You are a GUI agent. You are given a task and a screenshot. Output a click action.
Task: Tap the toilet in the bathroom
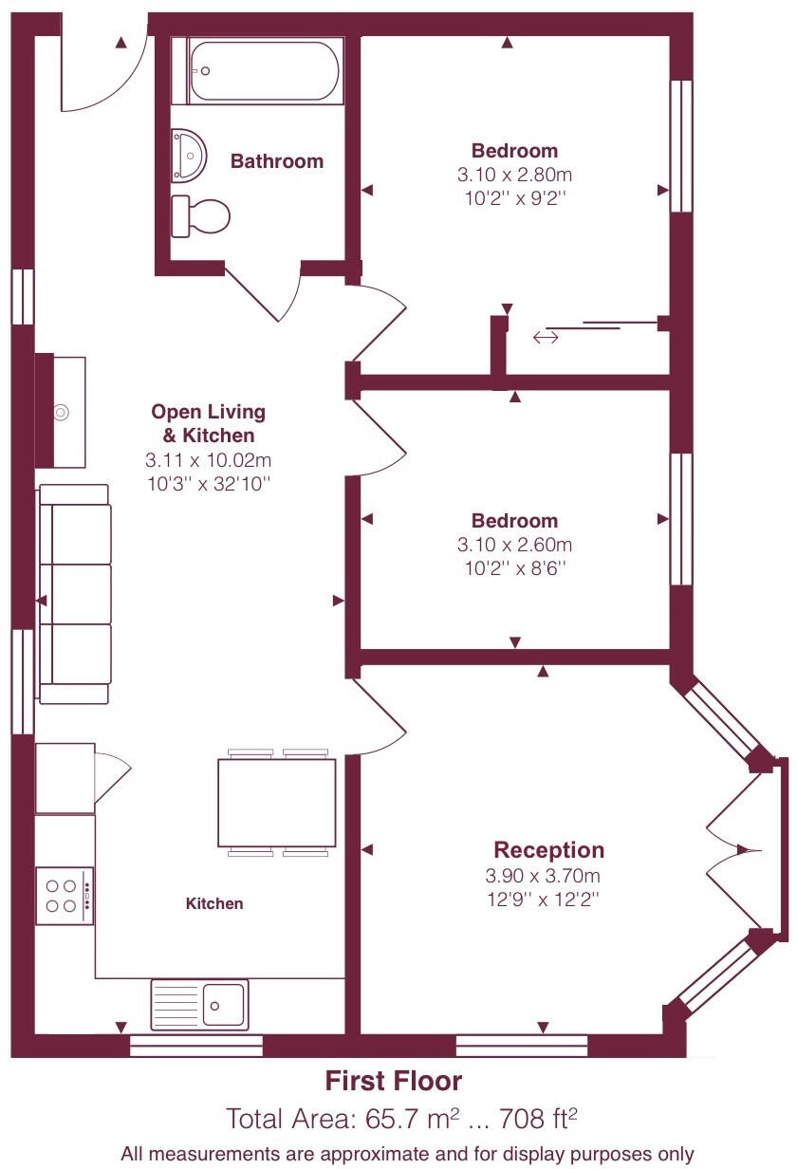[x=201, y=216]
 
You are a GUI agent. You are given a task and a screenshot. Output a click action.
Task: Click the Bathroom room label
[x=277, y=161]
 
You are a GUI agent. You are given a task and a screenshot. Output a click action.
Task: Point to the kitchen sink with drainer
[x=200, y=1004]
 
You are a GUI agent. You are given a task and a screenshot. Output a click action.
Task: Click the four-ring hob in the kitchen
[x=64, y=896]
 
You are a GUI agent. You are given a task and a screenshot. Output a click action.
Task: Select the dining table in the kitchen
[x=277, y=803]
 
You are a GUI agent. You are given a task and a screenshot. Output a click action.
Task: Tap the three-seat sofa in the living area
[x=74, y=594]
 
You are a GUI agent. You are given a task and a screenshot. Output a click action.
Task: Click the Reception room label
[x=548, y=850]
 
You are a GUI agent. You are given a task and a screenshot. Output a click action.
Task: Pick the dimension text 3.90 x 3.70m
[x=542, y=876]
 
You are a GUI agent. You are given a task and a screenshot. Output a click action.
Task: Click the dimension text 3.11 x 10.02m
[x=208, y=460]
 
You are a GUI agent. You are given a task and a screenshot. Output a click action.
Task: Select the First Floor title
[x=394, y=1081]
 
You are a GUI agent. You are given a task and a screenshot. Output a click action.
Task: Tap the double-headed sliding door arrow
[x=546, y=336]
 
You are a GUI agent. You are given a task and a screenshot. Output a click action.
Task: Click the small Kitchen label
[x=213, y=903]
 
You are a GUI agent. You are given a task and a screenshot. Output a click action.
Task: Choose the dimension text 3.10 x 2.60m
[x=515, y=545]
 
